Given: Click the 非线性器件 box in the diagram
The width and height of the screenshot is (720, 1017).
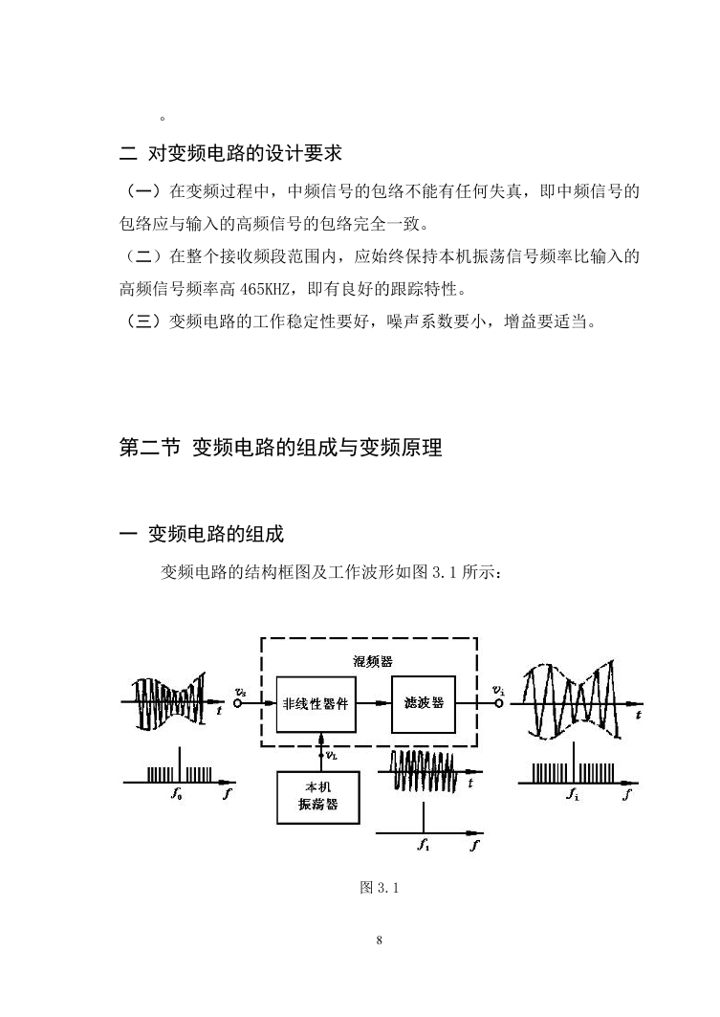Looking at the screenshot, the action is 316,704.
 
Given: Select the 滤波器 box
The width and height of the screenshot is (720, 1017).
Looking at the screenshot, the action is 424,704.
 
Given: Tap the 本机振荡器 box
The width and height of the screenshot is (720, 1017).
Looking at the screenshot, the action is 317,797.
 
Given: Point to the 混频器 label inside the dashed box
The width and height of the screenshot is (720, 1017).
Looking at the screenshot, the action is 373,661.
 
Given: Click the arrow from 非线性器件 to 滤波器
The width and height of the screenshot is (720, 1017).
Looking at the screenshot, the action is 374,704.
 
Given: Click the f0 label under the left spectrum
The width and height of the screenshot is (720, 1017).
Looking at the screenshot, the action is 176,792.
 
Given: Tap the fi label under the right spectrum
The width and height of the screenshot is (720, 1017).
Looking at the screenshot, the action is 572,792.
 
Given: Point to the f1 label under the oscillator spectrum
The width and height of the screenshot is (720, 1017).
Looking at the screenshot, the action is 424,845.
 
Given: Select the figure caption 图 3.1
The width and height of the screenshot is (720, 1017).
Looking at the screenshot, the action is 379,887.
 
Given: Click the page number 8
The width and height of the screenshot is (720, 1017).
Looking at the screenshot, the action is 379,940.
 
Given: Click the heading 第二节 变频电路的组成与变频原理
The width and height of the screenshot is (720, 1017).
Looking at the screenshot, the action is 280,448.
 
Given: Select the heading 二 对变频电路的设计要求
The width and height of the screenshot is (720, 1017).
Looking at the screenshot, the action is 230,153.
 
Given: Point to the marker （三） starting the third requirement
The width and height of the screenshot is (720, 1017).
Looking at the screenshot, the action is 142,321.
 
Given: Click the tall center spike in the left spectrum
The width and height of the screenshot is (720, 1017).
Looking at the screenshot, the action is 180,764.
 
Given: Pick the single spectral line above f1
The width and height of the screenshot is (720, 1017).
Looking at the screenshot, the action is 424,817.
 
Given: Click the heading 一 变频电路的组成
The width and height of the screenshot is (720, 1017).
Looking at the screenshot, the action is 202,535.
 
